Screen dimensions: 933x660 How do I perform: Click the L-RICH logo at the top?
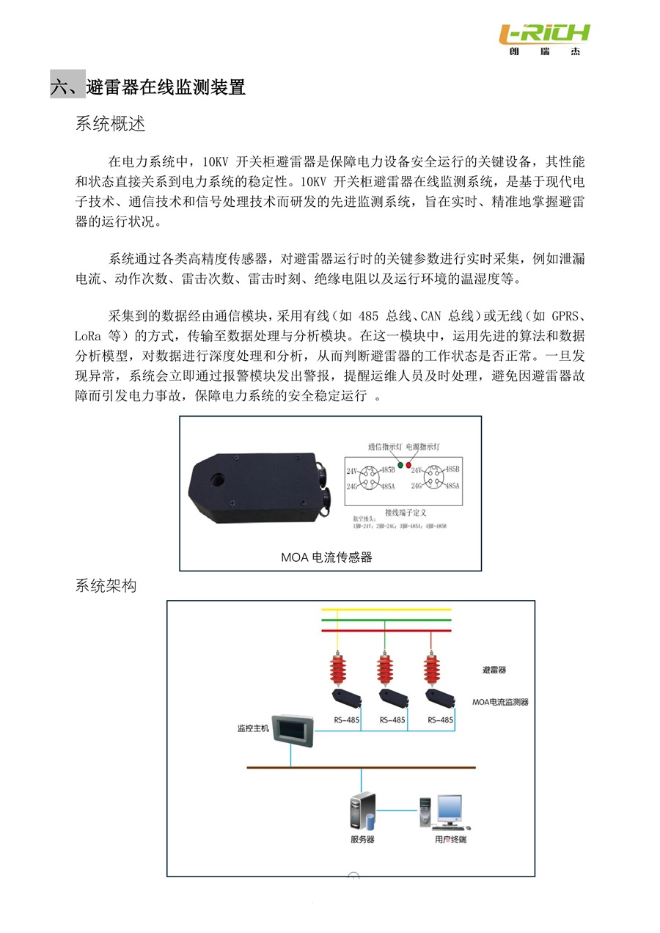[543, 37]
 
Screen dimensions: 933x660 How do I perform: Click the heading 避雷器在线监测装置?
[165, 88]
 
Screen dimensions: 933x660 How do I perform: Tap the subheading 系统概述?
[110, 124]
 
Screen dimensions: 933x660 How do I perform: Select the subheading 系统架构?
[106, 586]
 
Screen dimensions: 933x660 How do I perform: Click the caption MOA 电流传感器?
[326, 557]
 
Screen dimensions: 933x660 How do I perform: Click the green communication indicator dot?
[400, 465]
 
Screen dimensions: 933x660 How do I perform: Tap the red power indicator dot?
[408, 465]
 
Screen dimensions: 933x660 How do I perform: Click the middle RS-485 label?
[392, 720]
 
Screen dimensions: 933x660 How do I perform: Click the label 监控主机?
[253, 729]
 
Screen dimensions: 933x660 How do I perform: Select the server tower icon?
[362, 811]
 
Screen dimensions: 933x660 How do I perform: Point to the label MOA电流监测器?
[500, 702]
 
